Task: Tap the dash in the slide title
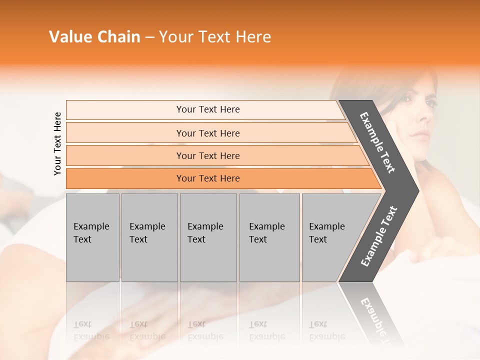[x=150, y=37]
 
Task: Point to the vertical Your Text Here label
[x=57, y=143]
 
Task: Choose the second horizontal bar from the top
[x=207, y=133]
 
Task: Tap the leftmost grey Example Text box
[x=92, y=237]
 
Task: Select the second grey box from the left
[x=149, y=237]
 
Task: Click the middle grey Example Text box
[x=208, y=237]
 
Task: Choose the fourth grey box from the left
[x=269, y=237]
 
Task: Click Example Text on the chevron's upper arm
[x=377, y=142]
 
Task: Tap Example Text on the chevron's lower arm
[x=378, y=236]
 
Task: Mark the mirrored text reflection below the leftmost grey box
[x=91, y=330]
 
